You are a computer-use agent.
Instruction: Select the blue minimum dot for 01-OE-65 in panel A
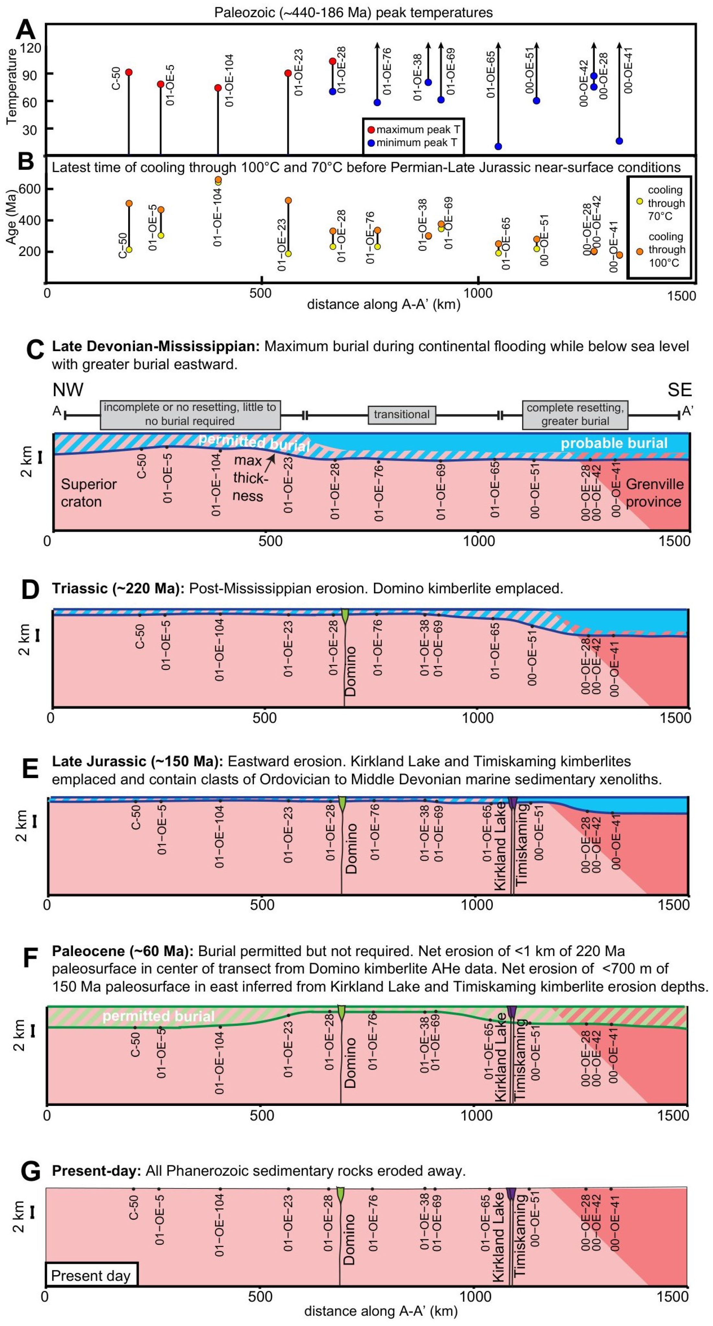[x=498, y=146]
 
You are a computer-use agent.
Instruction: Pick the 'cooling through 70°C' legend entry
[x=639, y=202]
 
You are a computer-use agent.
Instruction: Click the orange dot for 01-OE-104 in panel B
[x=218, y=179]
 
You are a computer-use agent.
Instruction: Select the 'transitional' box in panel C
[x=402, y=414]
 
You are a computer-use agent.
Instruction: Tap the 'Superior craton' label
[x=88, y=493]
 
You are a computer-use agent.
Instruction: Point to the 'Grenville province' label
[x=654, y=493]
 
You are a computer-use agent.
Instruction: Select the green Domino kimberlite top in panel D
[x=345, y=615]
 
